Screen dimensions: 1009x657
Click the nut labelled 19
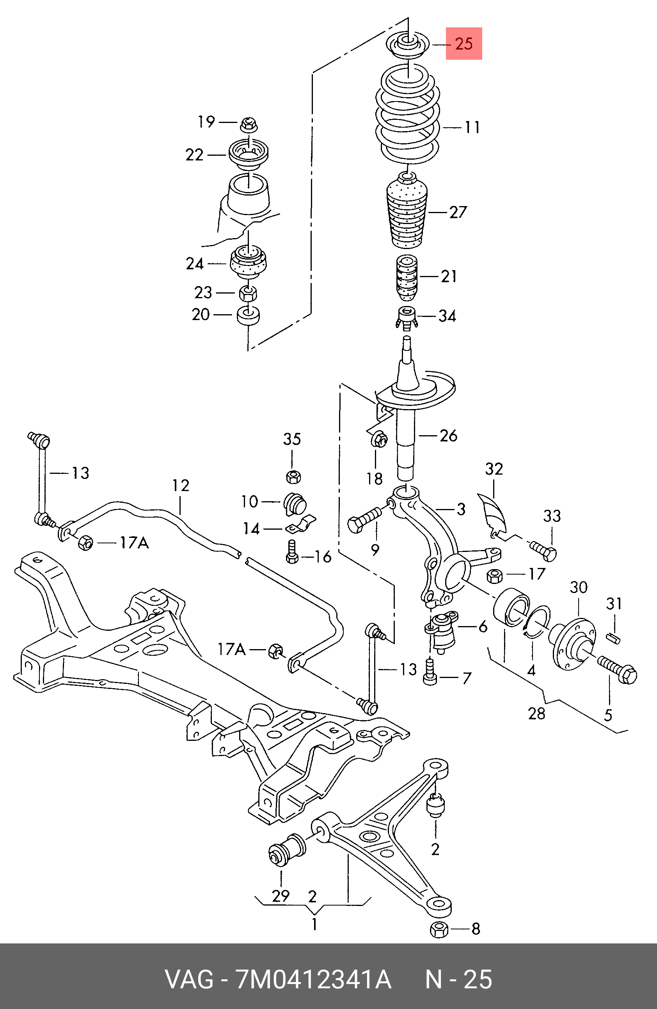coord(249,125)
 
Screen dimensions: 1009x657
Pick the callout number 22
coord(195,155)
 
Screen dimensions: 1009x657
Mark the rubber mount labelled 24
coord(249,263)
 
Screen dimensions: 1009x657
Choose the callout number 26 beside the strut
coord(448,435)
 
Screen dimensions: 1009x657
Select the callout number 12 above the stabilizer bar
coord(181,486)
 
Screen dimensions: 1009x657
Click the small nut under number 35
coord(293,477)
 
